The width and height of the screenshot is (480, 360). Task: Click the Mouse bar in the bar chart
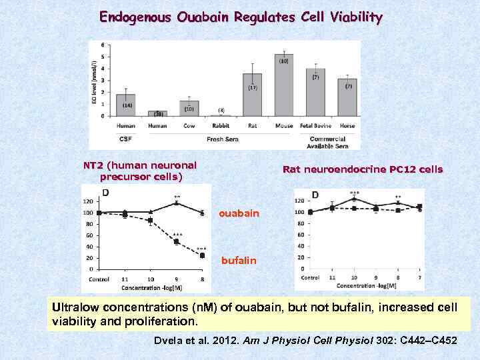coord(284,85)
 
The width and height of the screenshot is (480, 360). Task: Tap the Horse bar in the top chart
coord(347,97)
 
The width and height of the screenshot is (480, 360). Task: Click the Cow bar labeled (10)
coord(189,109)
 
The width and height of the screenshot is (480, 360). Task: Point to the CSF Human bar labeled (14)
coord(125,105)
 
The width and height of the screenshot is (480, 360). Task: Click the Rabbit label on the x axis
coord(221,125)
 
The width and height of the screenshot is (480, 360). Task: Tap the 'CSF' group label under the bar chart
coord(125,139)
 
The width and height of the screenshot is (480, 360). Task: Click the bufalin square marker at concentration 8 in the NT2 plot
coord(202,255)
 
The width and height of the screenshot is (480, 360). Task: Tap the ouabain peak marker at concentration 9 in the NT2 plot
coord(177,203)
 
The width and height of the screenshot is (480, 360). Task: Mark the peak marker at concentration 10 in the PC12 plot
coord(354,199)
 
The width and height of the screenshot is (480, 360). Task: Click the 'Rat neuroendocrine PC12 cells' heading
coord(362,169)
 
